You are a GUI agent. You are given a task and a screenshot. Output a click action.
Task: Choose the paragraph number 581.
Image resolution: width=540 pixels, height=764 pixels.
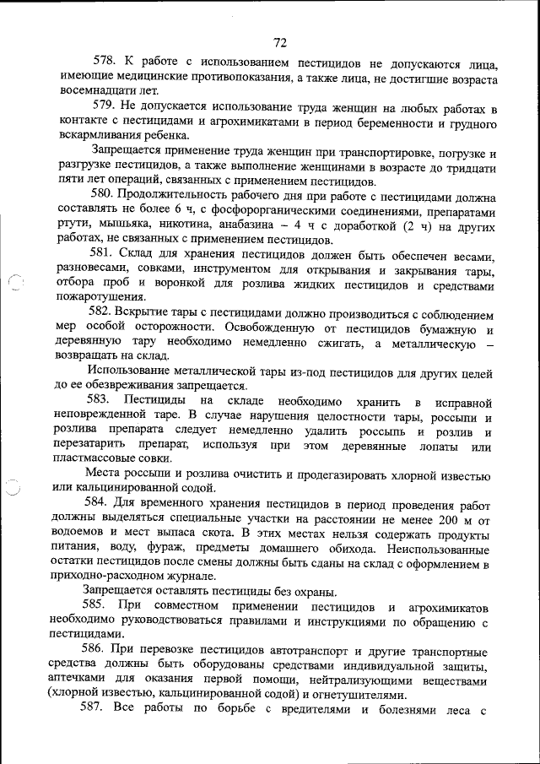(x=105, y=257)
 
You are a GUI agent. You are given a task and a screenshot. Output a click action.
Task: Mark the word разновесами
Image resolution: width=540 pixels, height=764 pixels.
(x=89, y=271)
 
